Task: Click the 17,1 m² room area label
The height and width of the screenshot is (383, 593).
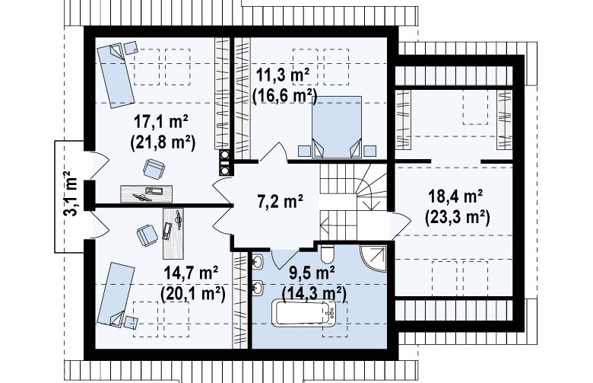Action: point(161,122)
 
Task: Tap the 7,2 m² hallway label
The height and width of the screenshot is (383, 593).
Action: point(280,201)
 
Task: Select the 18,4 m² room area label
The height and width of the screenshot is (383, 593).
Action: point(455,196)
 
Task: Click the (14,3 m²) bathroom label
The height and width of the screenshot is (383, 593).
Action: point(314,293)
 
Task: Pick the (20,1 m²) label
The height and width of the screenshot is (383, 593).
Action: point(193,293)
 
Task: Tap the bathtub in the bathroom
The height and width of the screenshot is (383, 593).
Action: point(305,313)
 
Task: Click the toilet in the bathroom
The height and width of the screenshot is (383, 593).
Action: point(327,253)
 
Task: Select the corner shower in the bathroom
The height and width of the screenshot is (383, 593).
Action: point(373,259)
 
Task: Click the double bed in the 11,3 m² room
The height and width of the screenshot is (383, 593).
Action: point(337,126)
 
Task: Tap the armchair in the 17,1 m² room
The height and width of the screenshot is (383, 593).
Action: point(154,168)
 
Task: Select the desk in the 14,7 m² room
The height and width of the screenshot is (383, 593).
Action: point(173,233)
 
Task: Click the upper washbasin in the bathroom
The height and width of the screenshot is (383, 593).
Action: point(258,262)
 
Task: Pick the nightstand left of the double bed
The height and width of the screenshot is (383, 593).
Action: point(304,151)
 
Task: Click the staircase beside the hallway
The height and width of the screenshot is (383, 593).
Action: point(354,202)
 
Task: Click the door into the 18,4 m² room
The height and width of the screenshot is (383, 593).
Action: point(401,226)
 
